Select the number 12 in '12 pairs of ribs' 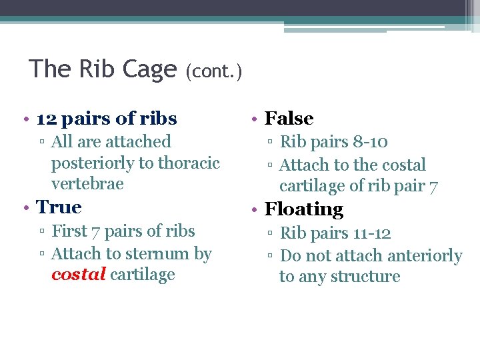tap(46, 119)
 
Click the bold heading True tap(59, 207)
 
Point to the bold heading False tap(289, 119)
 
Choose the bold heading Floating tap(303, 209)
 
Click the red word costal tap(78, 275)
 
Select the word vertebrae tap(87, 183)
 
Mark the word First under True tap(68, 231)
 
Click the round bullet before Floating tap(254, 211)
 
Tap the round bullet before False tap(254, 120)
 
